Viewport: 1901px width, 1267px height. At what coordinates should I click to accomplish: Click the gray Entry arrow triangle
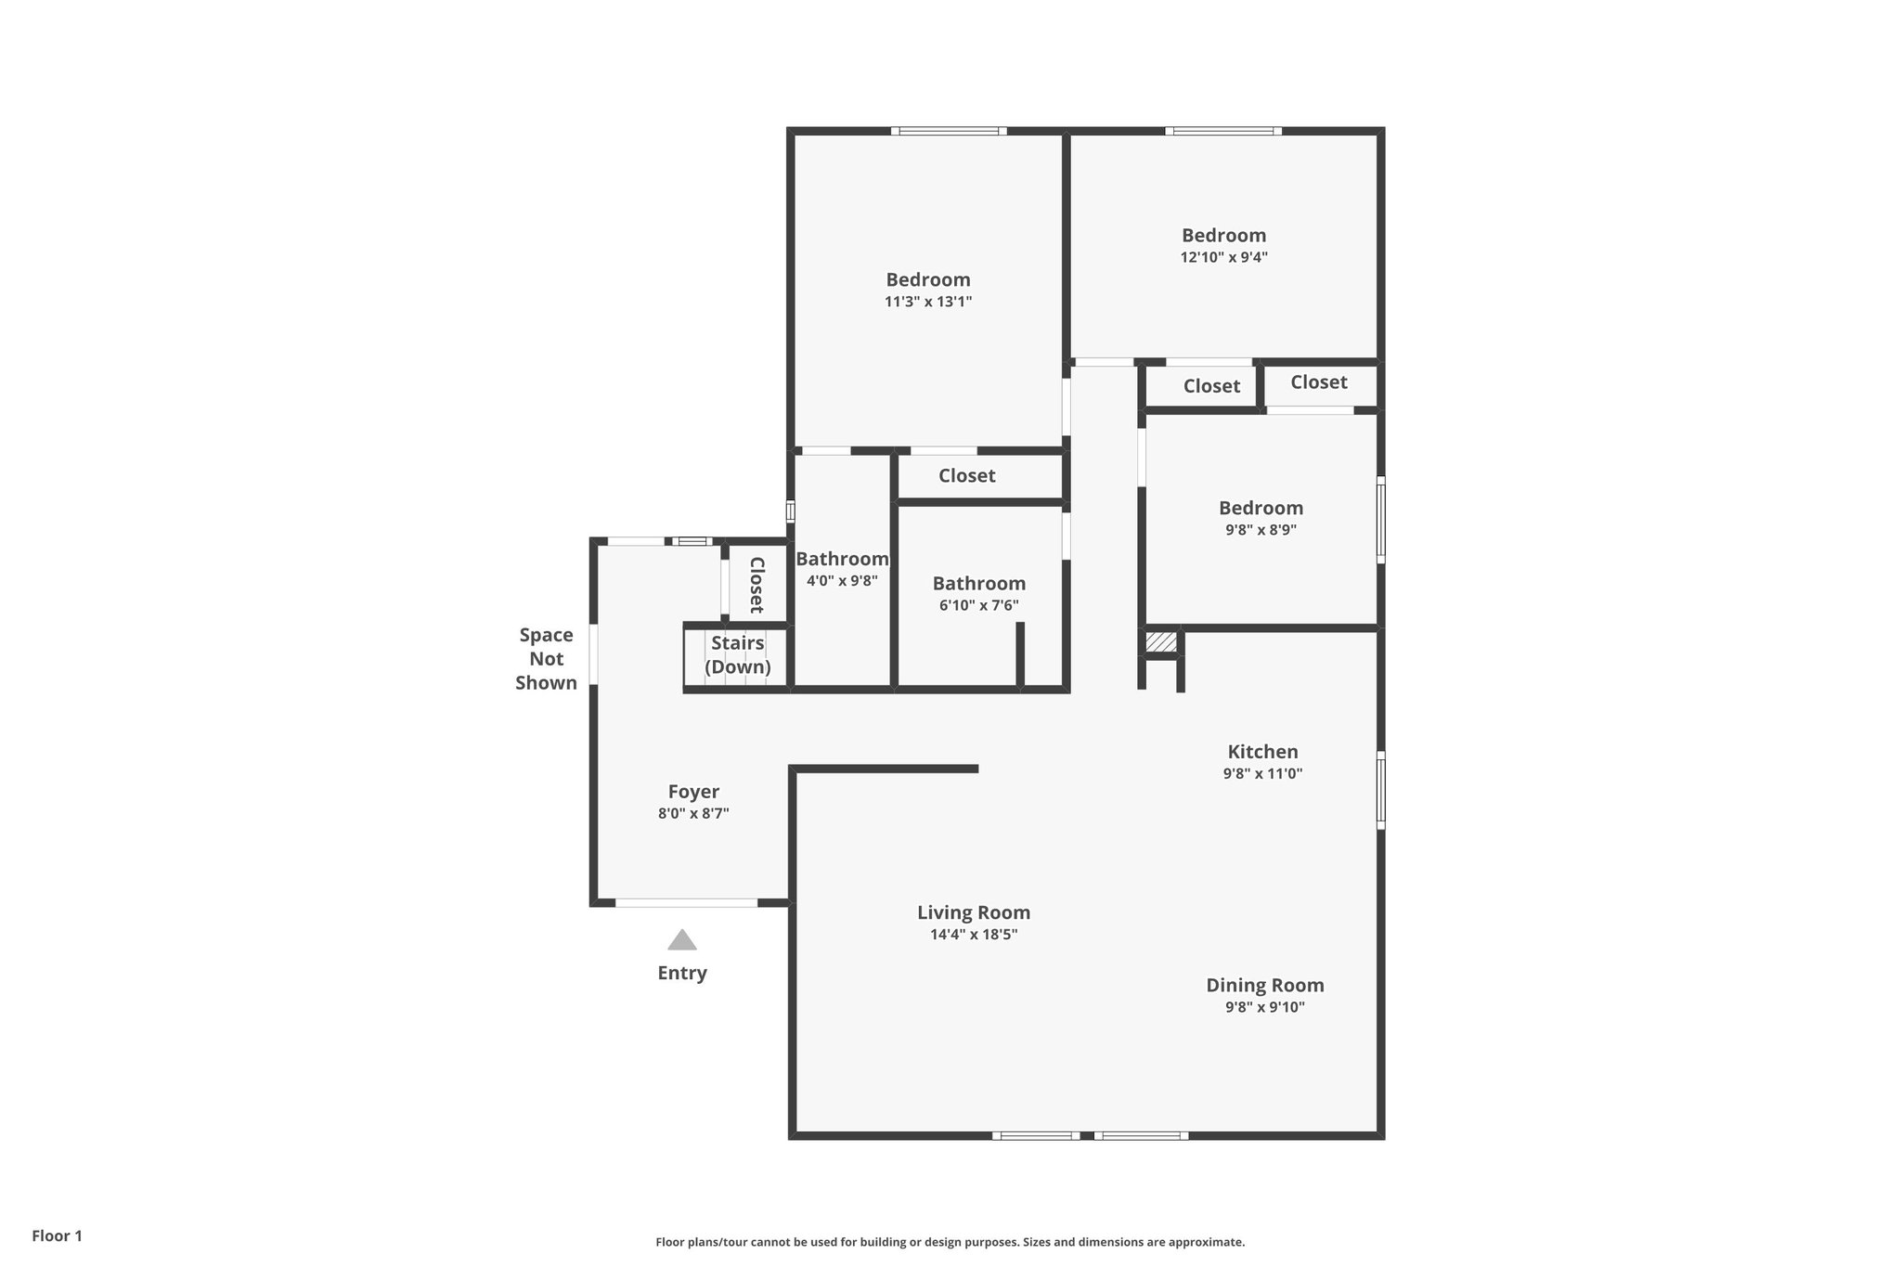(682, 940)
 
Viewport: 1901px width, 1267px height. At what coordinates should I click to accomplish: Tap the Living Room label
(974, 912)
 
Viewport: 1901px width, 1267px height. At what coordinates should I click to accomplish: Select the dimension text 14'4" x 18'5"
(974, 935)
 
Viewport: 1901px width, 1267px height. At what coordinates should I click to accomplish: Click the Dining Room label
(1264, 986)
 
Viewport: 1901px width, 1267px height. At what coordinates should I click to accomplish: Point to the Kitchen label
(1262, 752)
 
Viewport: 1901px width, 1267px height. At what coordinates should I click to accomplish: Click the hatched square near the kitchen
(1160, 642)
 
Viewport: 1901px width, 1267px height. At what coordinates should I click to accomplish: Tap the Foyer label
(693, 792)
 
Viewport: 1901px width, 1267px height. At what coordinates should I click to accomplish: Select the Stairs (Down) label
(738, 654)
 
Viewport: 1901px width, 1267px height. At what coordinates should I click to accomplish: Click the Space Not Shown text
(546, 658)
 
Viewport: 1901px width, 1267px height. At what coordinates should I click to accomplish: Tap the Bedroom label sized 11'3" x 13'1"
(928, 279)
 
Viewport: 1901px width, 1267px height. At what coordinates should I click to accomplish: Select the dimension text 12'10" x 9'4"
(1223, 258)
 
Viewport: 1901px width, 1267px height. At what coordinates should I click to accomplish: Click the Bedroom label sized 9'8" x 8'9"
(1261, 508)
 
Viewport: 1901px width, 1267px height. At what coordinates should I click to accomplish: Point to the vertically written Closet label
(757, 585)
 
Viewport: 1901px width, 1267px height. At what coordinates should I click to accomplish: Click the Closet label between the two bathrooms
(966, 476)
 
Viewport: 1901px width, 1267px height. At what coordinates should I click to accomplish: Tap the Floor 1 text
(57, 1235)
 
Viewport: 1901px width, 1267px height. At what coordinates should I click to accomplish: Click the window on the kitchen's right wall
(1380, 790)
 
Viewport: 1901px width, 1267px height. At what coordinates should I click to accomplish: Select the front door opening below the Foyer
(687, 902)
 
